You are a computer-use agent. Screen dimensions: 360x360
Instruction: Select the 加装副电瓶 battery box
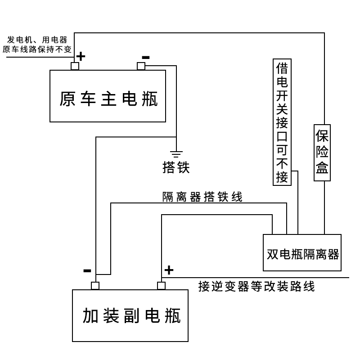pos(130,315)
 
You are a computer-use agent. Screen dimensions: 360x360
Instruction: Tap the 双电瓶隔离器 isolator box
pos(302,253)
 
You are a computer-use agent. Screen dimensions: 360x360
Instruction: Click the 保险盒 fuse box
pos(322,153)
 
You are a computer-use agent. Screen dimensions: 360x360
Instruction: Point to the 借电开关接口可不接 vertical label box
pos(282,122)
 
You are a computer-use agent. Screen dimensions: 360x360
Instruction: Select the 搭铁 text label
pos(176,167)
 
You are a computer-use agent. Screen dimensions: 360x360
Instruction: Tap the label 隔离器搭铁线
pos(202,197)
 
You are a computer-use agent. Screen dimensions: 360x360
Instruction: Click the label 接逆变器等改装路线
pos(256,287)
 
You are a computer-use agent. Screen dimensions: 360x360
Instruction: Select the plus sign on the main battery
pos(81,56)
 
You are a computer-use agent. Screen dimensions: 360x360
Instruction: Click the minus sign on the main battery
pos(145,57)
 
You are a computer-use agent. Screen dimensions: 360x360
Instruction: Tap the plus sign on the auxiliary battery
pos(168,270)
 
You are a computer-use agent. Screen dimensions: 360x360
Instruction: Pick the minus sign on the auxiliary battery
pos(87,271)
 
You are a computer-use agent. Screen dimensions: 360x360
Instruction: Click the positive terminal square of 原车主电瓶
pos(75,66)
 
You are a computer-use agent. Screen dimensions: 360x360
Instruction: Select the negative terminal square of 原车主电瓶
pos(141,66)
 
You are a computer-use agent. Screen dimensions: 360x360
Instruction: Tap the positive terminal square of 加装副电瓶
pos(161,286)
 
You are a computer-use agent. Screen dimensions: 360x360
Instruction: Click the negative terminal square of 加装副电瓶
pos(95,286)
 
